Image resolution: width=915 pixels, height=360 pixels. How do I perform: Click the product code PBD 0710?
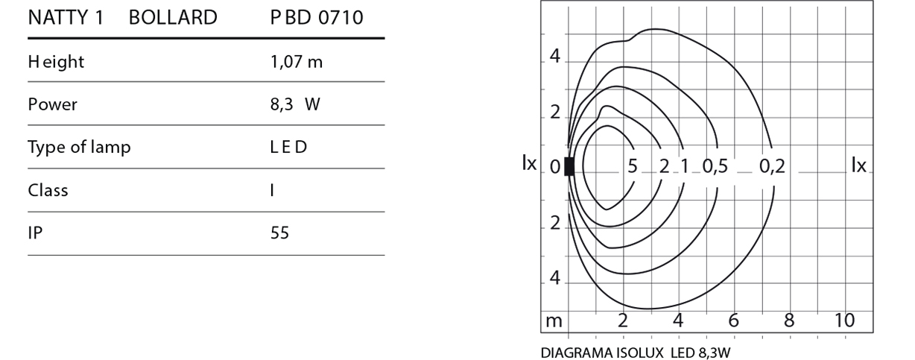coord(317,18)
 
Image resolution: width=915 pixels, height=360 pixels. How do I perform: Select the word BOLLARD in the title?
coord(173,18)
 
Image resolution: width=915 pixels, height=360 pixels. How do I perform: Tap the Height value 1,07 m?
coord(296,62)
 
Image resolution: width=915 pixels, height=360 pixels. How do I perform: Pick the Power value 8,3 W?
coord(295,104)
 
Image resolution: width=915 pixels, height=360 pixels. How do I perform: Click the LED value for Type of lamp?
coord(288,147)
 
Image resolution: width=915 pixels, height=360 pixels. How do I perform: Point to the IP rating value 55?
coord(279,233)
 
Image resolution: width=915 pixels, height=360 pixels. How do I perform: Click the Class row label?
coord(48,190)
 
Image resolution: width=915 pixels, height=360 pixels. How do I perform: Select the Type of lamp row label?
coord(79,148)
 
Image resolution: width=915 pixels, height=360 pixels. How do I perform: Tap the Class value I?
coord(272,190)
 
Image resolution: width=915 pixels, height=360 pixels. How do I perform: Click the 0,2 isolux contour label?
coord(772,166)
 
